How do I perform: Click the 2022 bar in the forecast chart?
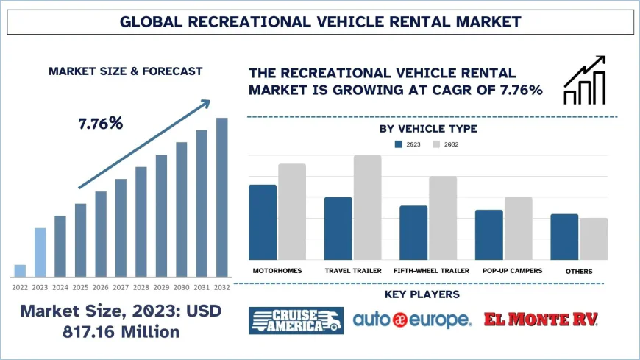(x=20, y=269)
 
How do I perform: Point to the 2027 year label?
(x=121, y=287)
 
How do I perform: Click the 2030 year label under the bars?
(x=181, y=287)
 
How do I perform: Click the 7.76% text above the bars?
(x=100, y=124)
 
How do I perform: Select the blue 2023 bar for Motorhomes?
(x=263, y=222)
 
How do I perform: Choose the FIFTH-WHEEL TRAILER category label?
(x=431, y=271)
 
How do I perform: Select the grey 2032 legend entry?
(x=445, y=144)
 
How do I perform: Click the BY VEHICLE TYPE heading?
(x=428, y=129)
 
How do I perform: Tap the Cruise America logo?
(x=295, y=320)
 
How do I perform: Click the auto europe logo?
(x=412, y=320)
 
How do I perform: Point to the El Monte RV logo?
(x=541, y=320)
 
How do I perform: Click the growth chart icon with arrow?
(x=585, y=80)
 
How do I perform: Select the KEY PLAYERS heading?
(x=422, y=294)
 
